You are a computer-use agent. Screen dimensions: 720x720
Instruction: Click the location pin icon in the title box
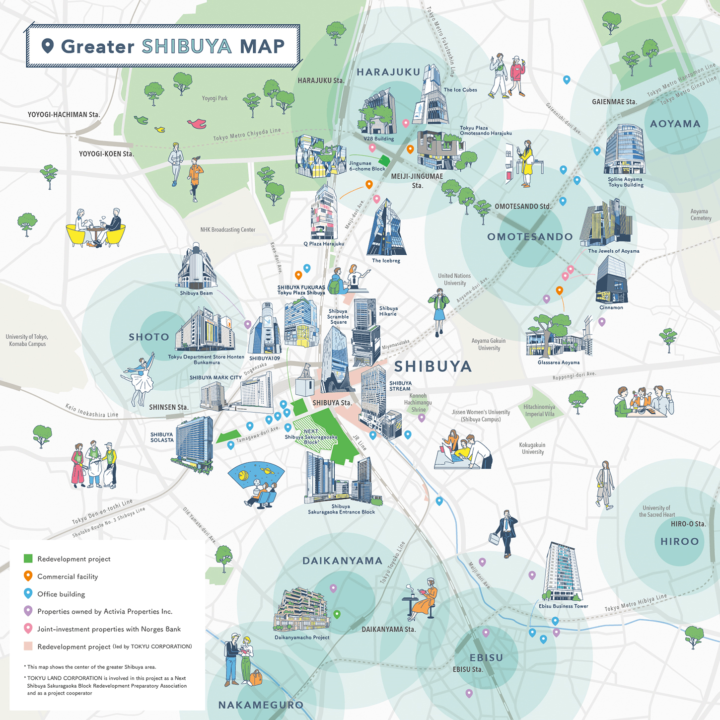coord(47,46)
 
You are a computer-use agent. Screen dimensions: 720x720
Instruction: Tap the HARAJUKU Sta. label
coord(320,80)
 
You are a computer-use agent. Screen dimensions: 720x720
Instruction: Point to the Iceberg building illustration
coord(386,229)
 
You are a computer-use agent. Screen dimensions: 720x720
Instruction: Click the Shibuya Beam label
coord(196,293)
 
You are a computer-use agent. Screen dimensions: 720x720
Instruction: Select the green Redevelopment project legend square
coord(28,559)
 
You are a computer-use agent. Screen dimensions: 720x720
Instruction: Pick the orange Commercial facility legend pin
coord(28,576)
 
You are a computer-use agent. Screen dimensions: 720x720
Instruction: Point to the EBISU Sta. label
coord(468,669)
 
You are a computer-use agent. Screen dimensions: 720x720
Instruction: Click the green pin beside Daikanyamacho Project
coord(337,614)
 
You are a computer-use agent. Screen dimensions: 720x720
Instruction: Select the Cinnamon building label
coord(611,307)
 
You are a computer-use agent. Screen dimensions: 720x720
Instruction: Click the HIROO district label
coord(679,541)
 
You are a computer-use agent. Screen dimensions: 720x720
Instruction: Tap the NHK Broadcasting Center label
coord(227,230)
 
